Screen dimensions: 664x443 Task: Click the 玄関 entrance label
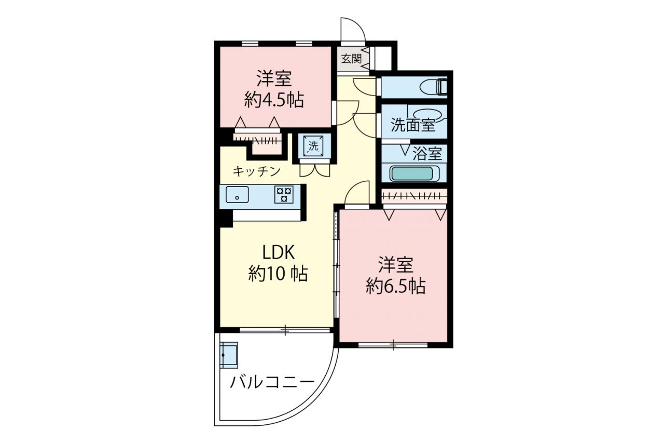pyautogui.click(x=351, y=59)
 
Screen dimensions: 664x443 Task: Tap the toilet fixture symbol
pyautogui.click(x=434, y=87)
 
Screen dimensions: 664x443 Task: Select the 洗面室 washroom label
pyautogui.click(x=413, y=125)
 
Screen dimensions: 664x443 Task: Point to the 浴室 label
pyautogui.click(x=427, y=154)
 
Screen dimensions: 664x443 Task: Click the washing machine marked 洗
pyautogui.click(x=314, y=146)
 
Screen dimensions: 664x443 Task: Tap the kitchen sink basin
pyautogui.click(x=237, y=194)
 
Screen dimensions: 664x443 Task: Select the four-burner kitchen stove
pyautogui.click(x=284, y=194)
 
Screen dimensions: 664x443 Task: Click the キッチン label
pyautogui.click(x=257, y=171)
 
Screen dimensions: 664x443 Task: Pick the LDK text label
pyautogui.click(x=278, y=253)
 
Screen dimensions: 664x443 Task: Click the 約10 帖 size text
pyautogui.click(x=278, y=273)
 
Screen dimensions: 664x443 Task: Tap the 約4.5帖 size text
pyautogui.click(x=274, y=100)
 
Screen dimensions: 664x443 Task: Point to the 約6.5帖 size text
pyautogui.click(x=396, y=286)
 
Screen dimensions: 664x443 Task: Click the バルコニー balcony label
pyautogui.click(x=272, y=382)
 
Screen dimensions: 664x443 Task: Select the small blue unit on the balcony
pyautogui.click(x=229, y=355)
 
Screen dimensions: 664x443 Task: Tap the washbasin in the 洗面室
pyautogui.click(x=428, y=115)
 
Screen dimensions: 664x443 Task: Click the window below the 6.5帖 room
pyautogui.click(x=393, y=344)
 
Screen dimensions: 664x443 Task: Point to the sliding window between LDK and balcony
pyautogui.click(x=285, y=330)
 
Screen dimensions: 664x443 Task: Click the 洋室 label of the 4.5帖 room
pyautogui.click(x=274, y=78)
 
